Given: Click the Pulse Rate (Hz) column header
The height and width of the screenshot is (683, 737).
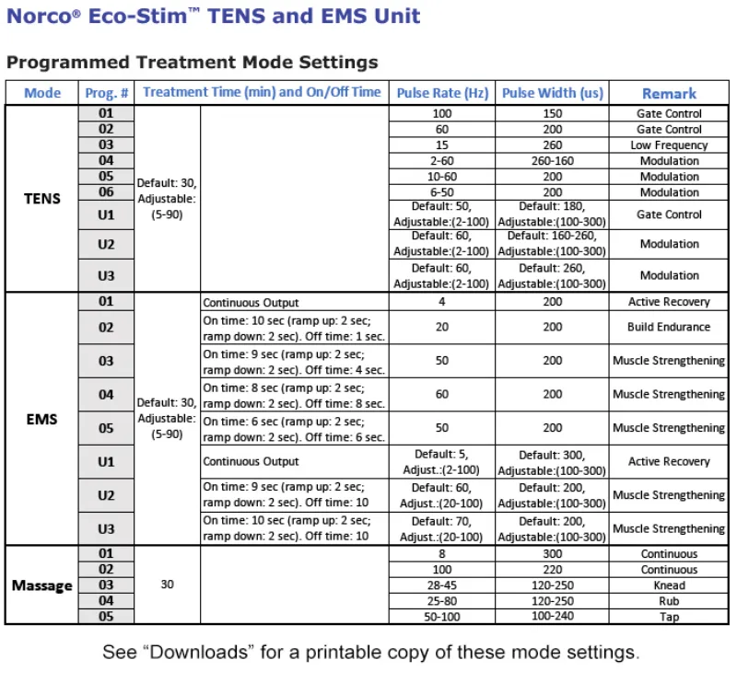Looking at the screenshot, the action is tap(442, 93).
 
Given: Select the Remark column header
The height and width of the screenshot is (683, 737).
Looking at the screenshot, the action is tap(669, 93).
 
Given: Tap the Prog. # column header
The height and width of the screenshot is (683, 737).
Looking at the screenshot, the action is tap(107, 93).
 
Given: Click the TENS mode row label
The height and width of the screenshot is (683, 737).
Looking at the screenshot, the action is tap(42, 199).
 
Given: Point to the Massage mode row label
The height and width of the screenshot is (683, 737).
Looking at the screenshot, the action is tap(42, 585).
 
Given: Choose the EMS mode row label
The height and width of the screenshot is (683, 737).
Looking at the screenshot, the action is tap(42, 420).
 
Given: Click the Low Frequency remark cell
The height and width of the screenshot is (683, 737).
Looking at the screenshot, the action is tap(669, 145).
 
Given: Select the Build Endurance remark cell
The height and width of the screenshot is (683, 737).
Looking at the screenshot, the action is tap(669, 327).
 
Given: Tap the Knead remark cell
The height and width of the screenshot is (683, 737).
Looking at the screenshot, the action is tap(669, 585).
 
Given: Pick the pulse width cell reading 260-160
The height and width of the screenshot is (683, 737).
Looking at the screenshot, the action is tap(552, 161).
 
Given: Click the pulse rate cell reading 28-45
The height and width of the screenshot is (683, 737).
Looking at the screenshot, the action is tap(442, 585).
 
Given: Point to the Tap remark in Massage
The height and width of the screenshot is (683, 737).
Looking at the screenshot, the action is tap(669, 617).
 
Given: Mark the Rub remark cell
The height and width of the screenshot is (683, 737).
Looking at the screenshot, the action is tap(669, 601).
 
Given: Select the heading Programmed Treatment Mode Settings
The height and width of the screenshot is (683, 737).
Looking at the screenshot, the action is tap(192, 63).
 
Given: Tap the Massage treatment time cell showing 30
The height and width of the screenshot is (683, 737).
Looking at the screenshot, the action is tap(167, 585).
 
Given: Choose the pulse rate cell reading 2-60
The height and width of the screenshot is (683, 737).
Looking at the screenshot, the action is tap(442, 161).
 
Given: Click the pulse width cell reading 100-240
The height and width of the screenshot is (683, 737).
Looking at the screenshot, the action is tap(552, 617).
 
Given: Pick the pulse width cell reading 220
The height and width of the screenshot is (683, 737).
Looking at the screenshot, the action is tap(552, 570).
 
